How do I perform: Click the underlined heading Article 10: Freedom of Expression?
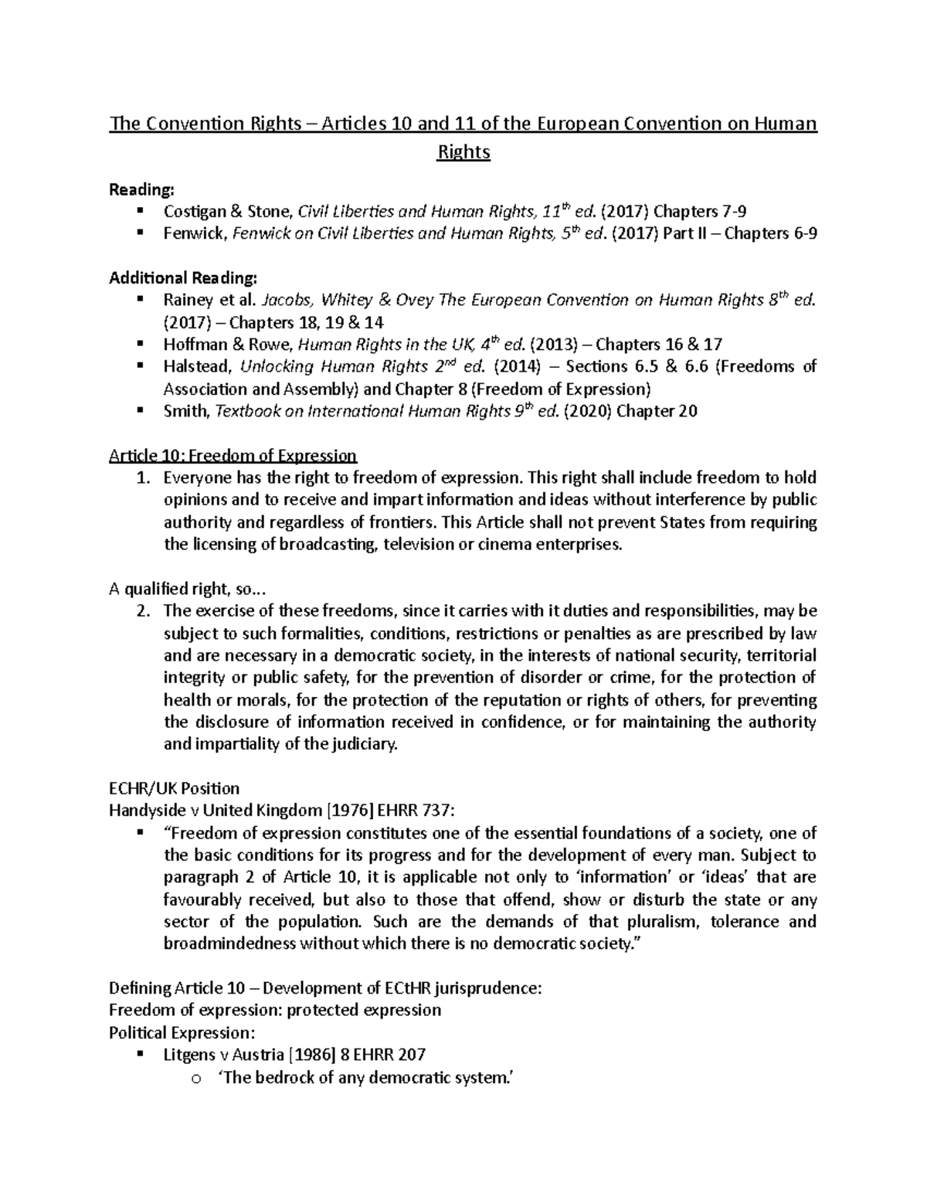pyautogui.click(x=233, y=455)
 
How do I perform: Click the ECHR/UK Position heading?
pyautogui.click(x=174, y=789)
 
